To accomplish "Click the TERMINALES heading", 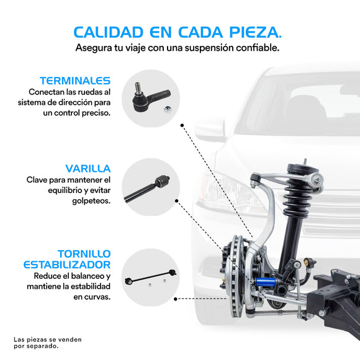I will pyautogui.click(x=75, y=81).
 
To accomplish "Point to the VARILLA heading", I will pyautogui.click(x=88, y=168).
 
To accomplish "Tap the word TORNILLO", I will pyautogui.click(x=84, y=254).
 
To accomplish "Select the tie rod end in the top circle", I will pyautogui.click(x=150, y=96).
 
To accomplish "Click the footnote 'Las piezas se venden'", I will pyautogui.click(x=48, y=340).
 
